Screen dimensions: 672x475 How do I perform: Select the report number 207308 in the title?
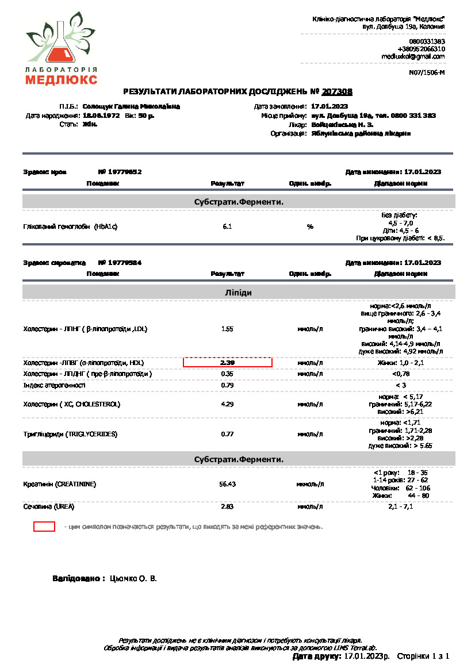pyautogui.click(x=337, y=91)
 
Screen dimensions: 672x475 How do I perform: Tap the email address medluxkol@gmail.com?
pyautogui.click(x=413, y=56)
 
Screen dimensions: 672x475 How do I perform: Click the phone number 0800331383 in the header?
pyautogui.click(x=427, y=41)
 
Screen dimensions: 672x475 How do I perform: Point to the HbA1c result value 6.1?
pyautogui.click(x=227, y=226)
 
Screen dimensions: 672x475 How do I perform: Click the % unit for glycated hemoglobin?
pyautogui.click(x=310, y=226)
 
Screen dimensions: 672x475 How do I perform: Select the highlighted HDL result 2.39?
pyautogui.click(x=228, y=363)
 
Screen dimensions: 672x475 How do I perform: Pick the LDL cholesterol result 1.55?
pyautogui.click(x=227, y=329)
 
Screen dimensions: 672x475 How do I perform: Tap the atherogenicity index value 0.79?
pyautogui.click(x=227, y=385)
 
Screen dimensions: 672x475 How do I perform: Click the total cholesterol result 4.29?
pyautogui.click(x=227, y=404)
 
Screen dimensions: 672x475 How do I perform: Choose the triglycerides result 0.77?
pyautogui.click(x=227, y=434)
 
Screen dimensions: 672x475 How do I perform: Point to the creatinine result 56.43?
pyautogui.click(x=228, y=484)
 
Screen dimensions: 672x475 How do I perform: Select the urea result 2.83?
pyautogui.click(x=227, y=506)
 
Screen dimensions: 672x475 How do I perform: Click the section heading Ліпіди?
pyautogui.click(x=238, y=293)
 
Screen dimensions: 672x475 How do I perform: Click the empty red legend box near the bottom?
pyautogui.click(x=44, y=526)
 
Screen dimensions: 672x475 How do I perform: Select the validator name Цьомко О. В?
pyautogui.click(x=133, y=578)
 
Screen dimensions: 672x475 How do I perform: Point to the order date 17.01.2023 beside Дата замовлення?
pyautogui.click(x=330, y=106)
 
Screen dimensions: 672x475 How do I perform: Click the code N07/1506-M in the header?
pyautogui.click(x=427, y=72)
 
